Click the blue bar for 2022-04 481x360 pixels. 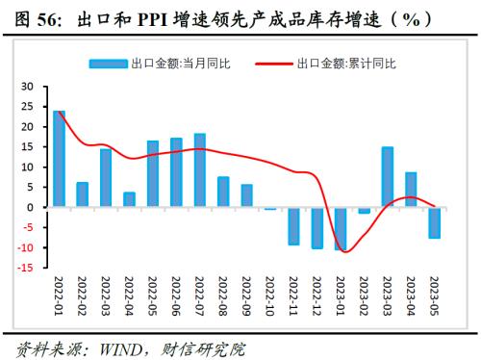click(129, 199)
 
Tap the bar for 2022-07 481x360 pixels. click(199, 170)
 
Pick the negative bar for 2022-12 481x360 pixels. click(316, 228)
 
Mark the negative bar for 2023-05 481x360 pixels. click(434, 222)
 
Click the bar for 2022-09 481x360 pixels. click(246, 195)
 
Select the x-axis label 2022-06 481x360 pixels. click(177, 298)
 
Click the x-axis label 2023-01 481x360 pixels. click(342, 298)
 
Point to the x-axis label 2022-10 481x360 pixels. click(271, 298)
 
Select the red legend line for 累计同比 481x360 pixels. click(273, 64)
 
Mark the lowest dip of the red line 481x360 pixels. click(345, 252)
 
